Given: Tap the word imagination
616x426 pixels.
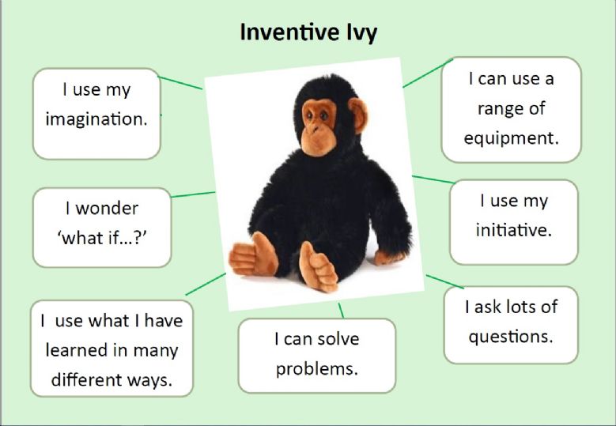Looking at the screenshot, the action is coord(96,119).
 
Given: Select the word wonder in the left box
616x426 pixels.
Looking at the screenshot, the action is coord(107,209).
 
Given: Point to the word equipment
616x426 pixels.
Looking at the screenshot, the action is coord(511,138).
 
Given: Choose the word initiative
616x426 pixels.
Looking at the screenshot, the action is coord(514,230).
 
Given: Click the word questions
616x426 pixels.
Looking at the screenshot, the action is coord(511,337).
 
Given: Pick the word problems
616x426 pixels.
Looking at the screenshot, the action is coord(317,369).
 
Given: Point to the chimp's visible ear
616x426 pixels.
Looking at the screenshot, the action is coord(358,115).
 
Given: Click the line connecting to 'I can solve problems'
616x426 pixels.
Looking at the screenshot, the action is coord(341,310).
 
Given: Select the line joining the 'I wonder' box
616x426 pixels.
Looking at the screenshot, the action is coord(193,194).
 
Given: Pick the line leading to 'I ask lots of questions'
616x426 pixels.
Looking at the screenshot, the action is coord(445,282).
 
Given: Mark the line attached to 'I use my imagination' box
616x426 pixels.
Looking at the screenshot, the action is coord(180,83).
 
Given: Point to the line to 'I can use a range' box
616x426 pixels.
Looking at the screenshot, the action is coord(428,73).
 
